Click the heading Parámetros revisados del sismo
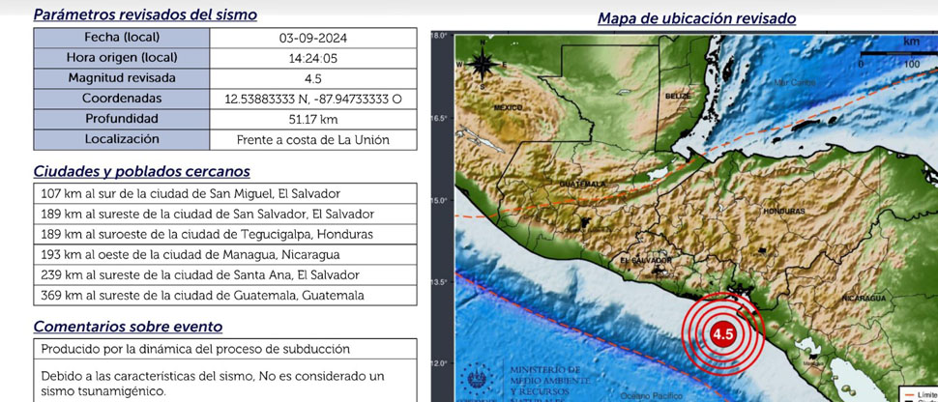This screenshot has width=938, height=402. coord(145,14)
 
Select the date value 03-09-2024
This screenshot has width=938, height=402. coord(312,39)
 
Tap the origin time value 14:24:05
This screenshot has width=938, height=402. coord(312,58)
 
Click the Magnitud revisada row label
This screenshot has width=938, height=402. coord(121,78)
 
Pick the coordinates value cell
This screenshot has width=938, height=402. coord(312,99)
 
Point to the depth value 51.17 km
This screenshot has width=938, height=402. coord(312,119)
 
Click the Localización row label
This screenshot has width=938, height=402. coord(121,139)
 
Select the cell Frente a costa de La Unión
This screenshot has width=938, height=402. coord(312,139)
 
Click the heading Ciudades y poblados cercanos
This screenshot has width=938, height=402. coord(141,171)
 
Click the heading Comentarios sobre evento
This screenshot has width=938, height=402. coord(128,327)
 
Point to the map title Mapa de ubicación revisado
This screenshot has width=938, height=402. coord(683,18)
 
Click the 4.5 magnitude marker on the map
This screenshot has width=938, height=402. coord(722,334)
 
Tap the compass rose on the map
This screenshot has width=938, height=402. coord(481,65)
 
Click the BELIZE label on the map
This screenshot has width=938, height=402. coord(677,97)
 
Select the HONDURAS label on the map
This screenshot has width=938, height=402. coord(783,211)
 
